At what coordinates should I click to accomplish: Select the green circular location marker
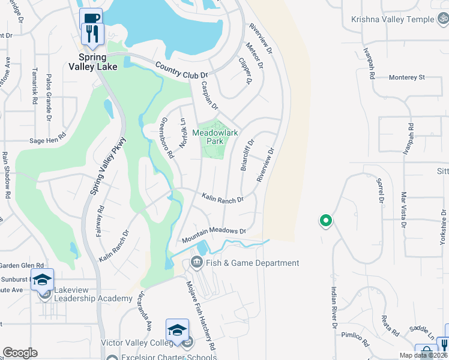326,221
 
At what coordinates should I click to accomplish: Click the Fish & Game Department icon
196,262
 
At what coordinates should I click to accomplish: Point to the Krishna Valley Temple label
393,19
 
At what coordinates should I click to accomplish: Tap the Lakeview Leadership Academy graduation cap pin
43,280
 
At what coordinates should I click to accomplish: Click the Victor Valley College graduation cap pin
177,330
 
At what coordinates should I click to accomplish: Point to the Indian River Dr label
333,307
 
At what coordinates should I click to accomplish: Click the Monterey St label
406,77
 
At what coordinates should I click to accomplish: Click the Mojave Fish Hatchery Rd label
200,316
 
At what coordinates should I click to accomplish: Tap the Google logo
20,353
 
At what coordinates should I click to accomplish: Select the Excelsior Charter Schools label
168,358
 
